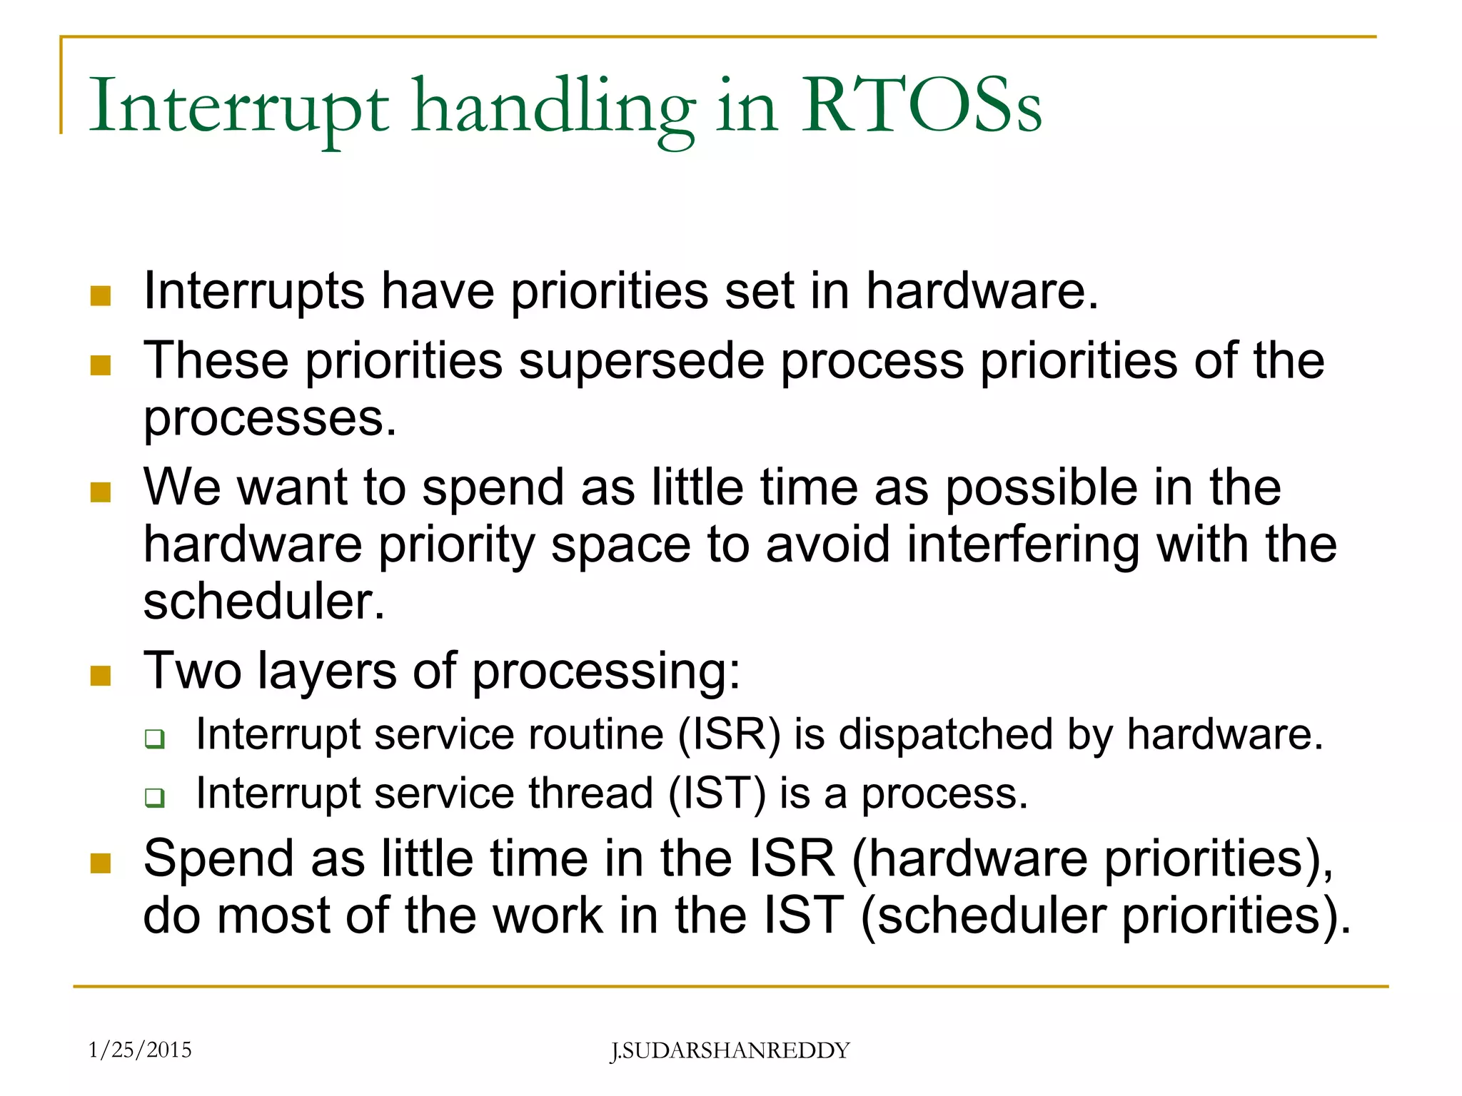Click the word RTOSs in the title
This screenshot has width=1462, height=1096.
(921, 107)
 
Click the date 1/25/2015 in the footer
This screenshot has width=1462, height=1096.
(140, 1050)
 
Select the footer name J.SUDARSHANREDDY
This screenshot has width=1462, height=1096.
(730, 1050)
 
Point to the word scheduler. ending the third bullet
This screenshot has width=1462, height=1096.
(264, 601)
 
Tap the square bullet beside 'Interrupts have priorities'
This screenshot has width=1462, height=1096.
(101, 296)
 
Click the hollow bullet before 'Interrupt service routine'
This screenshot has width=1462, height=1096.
(154, 739)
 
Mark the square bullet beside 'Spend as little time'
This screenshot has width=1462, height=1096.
(101, 863)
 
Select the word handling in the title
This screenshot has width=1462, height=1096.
(553, 107)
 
